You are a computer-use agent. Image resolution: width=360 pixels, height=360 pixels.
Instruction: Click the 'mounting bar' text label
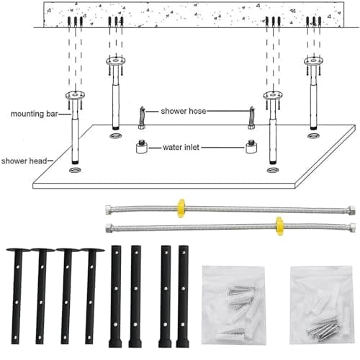tap(34, 114)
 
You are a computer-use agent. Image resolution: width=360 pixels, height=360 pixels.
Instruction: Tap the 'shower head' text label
tap(24, 161)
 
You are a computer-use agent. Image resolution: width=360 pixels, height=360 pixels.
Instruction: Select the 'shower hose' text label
tap(184, 111)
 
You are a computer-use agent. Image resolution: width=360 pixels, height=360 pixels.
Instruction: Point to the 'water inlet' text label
tap(181, 147)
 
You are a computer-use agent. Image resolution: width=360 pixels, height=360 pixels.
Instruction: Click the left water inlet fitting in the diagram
tap(142, 146)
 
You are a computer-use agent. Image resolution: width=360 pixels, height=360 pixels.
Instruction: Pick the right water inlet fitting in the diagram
tap(251, 146)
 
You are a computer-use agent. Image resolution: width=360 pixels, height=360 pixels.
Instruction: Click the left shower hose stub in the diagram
tap(142, 117)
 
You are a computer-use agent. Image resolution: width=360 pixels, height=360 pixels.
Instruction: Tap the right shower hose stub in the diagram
tap(251, 117)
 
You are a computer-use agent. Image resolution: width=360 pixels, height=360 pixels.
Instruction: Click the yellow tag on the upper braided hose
tap(181, 208)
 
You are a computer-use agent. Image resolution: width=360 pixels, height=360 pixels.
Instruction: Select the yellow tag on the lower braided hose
tap(279, 226)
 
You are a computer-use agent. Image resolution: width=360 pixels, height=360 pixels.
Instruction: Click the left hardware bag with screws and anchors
tap(233, 305)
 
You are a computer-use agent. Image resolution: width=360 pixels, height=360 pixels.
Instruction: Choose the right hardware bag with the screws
tap(323, 305)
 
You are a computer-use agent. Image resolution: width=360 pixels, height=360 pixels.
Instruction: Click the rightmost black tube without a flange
tap(183, 297)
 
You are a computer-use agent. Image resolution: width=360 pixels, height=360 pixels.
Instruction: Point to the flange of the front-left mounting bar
tap(75, 95)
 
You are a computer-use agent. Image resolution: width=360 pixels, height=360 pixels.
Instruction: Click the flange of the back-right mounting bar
tap(314, 60)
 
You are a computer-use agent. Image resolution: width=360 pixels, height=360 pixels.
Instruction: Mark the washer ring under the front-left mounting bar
tap(75, 170)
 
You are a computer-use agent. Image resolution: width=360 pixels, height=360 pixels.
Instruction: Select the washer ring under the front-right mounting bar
tap(273, 170)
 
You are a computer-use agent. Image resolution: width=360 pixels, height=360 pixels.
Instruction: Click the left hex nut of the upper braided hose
tap(109, 210)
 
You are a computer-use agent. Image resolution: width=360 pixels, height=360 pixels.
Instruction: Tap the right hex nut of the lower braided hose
tap(352, 227)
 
